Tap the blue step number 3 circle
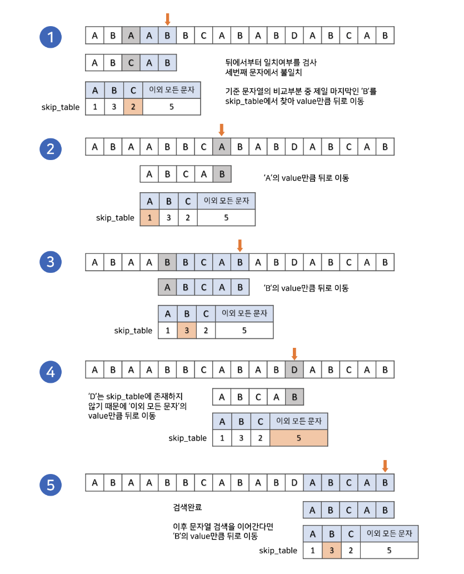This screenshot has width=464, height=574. pos(51,261)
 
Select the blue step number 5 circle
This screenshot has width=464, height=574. pos(51,485)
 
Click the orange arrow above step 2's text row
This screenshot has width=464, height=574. pos(222,130)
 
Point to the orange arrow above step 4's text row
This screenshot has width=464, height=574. pos(295,353)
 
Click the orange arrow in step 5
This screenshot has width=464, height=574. pos(385,466)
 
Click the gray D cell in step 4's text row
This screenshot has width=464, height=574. pos(295,370)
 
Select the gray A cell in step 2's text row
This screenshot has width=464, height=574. pos(222,147)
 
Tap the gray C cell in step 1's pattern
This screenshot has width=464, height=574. pos(131,62)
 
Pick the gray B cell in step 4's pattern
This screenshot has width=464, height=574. pos(295,397)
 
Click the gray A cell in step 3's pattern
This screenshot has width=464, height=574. pos(167,287)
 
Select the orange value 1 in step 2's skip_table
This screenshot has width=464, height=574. pos(149,217)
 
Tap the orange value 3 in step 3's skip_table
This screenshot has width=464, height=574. pos(187,330)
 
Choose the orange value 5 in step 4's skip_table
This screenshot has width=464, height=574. pos(298,438)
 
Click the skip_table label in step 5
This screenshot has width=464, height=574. pos(278,551)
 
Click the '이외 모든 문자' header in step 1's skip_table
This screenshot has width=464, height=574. pos(171,89)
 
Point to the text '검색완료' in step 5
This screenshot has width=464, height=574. pos(188,508)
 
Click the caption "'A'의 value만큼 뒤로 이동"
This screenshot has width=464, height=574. pos(306,178)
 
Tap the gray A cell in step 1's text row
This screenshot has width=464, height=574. pos(131,36)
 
